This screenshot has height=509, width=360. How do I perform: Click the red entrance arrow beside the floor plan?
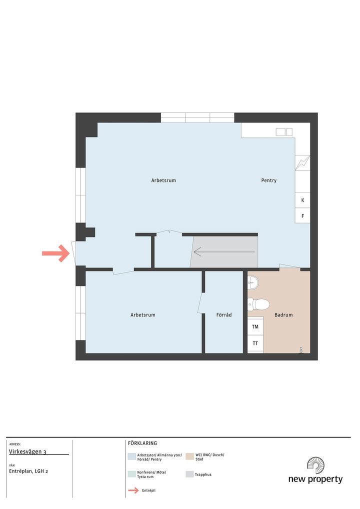point(56,253)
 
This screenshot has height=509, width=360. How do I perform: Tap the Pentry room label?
point(269,180)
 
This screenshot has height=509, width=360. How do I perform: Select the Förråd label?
point(224,314)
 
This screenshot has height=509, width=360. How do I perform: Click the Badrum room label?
point(283,314)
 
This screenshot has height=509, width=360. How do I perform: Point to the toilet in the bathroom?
point(258,304)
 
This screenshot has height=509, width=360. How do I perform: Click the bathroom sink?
point(253,282)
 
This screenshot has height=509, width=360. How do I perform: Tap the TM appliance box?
point(255,327)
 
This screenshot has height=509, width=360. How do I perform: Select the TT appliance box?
point(255,343)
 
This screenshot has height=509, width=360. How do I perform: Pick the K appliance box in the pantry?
point(302,200)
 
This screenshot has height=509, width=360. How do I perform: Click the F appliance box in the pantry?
point(302,215)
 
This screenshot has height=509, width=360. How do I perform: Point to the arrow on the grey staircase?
point(224,252)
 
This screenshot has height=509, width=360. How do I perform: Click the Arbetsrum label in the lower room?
point(143,314)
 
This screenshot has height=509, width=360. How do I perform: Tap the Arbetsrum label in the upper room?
point(163,180)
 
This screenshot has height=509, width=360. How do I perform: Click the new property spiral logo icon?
point(316,465)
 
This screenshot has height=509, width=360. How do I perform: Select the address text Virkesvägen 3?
point(27,451)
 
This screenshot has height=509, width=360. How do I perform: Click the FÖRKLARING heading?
point(142,443)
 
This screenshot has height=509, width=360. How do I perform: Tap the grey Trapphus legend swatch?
point(189,474)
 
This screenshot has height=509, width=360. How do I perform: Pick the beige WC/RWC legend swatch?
point(189,456)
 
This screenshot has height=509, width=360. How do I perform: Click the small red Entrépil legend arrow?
point(133,490)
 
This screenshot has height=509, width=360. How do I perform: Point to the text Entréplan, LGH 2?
point(28,471)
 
